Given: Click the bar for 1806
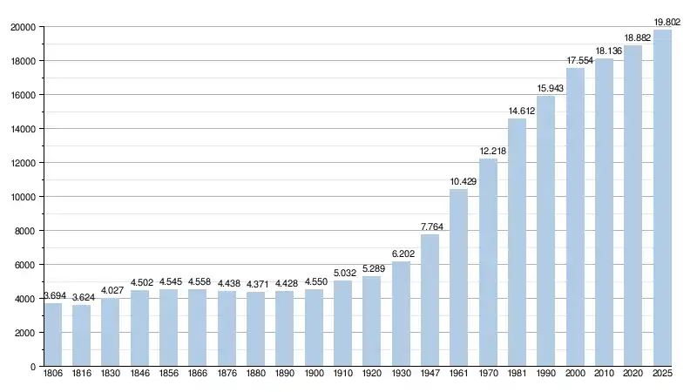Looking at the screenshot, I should click(x=53, y=335).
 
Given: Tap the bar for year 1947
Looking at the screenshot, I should click(x=430, y=301).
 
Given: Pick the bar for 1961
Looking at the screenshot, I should click(x=459, y=278).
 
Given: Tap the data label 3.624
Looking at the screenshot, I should click(x=82, y=296).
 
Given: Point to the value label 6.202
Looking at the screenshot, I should click(x=401, y=253).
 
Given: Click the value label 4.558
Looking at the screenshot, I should click(x=198, y=280).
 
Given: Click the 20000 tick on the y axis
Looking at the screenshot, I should click(x=23, y=27).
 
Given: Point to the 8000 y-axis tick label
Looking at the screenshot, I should click(x=25, y=231).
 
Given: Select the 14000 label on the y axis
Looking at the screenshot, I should click(x=23, y=129).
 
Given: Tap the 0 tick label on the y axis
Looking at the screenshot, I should click(x=32, y=367).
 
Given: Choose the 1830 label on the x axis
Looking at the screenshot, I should click(x=111, y=375).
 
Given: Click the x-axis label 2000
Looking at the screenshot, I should click(x=575, y=375).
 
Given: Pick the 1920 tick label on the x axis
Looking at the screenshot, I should click(x=372, y=375).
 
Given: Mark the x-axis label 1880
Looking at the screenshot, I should click(x=256, y=375).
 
